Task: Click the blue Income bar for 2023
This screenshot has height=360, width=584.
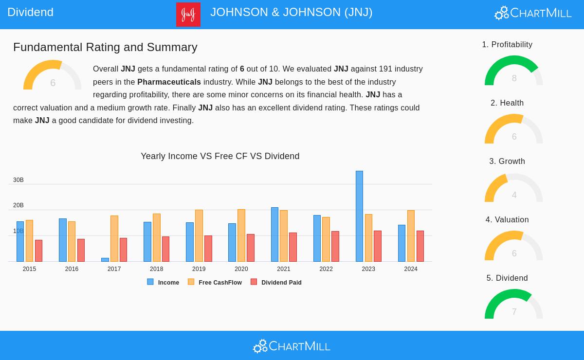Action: pos(359,216)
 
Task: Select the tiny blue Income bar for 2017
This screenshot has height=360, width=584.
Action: pos(105,260)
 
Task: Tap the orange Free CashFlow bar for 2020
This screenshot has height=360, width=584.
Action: pos(241,235)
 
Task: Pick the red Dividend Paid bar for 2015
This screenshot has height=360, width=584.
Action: pos(38,251)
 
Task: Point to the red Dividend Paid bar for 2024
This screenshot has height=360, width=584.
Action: pos(420,246)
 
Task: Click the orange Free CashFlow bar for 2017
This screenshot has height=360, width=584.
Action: pos(114,238)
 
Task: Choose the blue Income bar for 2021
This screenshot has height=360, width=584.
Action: pos(274,234)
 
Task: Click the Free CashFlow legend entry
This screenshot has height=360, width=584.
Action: pos(215,282)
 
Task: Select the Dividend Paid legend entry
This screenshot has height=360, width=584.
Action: pos(276,282)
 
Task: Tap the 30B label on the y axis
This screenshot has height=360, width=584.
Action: pos(18,180)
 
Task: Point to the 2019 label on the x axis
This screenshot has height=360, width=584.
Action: pos(199,269)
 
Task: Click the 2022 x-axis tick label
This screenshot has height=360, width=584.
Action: pos(326,269)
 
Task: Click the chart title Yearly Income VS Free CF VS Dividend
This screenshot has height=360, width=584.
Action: pos(220,156)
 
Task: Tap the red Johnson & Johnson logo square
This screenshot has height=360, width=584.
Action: pos(188,15)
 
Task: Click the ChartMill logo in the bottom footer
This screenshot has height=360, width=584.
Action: pos(292,346)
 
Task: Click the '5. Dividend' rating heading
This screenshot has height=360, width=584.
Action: pos(507,278)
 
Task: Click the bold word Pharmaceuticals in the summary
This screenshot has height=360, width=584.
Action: pos(169,82)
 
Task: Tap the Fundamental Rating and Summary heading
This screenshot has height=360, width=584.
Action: pos(105,47)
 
